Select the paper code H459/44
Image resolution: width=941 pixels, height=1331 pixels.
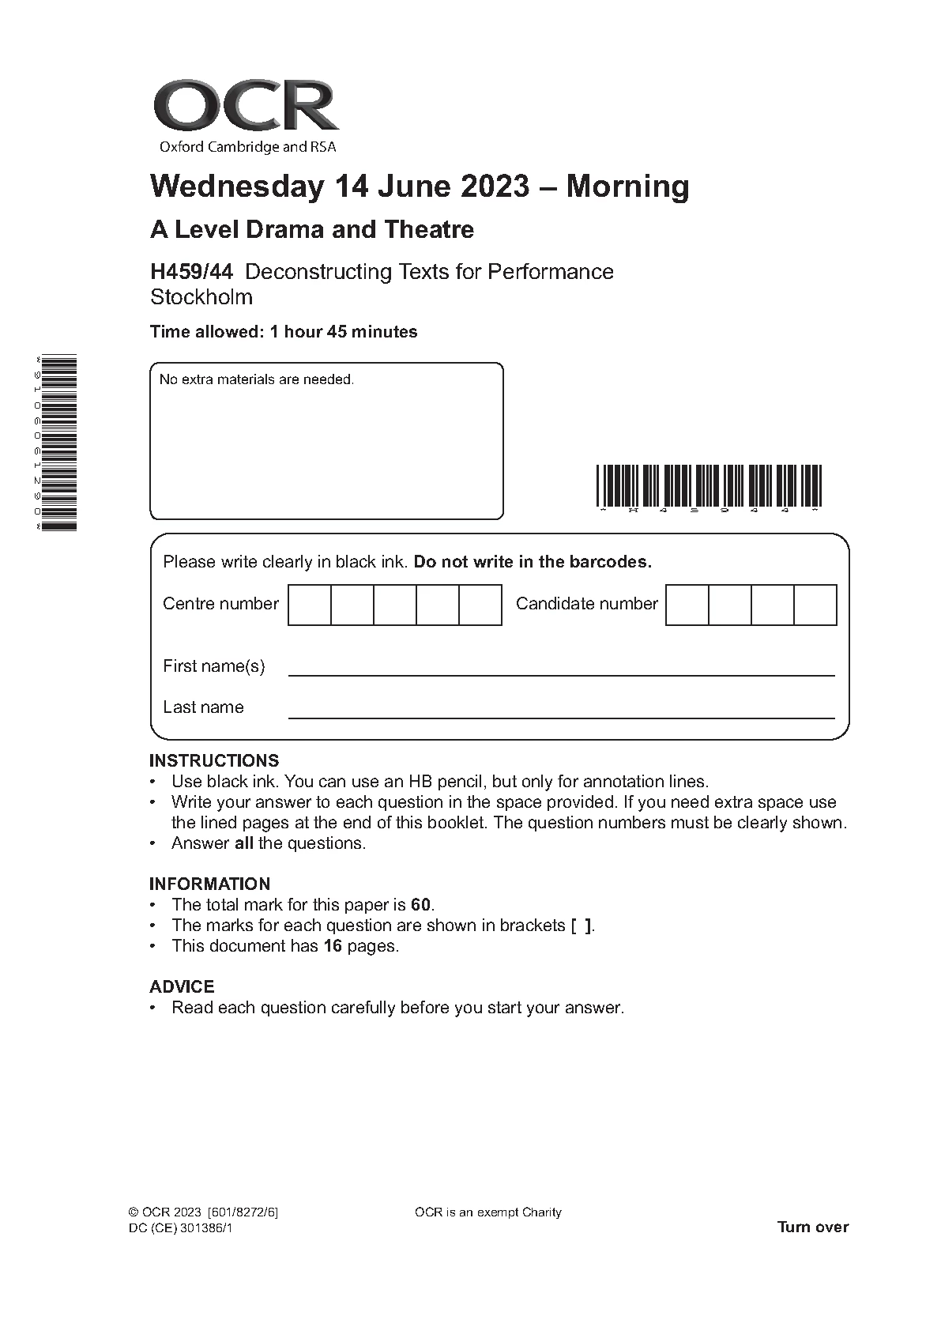coord(191,272)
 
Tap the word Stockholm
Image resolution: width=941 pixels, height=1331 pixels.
coord(201,297)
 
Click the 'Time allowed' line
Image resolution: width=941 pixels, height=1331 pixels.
coord(284,332)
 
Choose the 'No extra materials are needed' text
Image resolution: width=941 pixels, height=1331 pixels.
coord(257,379)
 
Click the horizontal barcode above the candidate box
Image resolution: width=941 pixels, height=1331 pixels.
coord(708,485)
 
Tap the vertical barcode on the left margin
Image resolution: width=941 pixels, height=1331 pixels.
coord(60,443)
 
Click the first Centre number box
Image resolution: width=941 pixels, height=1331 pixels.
coord(310,605)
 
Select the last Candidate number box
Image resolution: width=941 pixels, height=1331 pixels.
coord(815,605)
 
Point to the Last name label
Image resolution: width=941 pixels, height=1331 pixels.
coord(203,707)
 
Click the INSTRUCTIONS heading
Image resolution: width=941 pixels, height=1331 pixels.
coord(214,760)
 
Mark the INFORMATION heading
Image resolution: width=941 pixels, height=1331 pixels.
coord(209,884)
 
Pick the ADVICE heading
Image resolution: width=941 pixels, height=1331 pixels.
coord(182,986)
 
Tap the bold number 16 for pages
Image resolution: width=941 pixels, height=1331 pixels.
coord(332,946)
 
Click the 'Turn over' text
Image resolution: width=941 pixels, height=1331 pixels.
coord(812,1227)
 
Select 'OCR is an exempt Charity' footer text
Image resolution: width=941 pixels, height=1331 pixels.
coord(487,1212)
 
